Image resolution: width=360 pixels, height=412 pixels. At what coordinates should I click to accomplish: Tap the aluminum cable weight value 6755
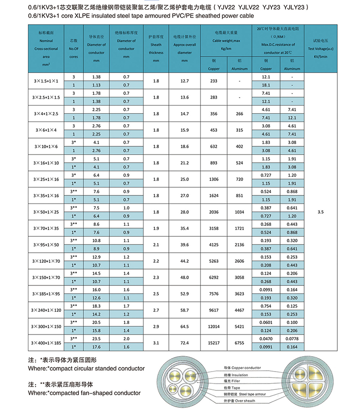239,342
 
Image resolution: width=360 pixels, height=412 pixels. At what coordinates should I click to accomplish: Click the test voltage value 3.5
320,211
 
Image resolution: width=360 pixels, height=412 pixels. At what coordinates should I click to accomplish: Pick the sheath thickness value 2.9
156,326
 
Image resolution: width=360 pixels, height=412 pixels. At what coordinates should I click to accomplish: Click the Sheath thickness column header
156,49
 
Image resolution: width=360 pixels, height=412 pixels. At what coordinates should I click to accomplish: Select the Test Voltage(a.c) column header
320,49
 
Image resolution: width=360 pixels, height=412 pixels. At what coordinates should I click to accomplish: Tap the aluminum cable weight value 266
239,114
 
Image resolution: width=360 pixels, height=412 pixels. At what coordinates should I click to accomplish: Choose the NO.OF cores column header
74,49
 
